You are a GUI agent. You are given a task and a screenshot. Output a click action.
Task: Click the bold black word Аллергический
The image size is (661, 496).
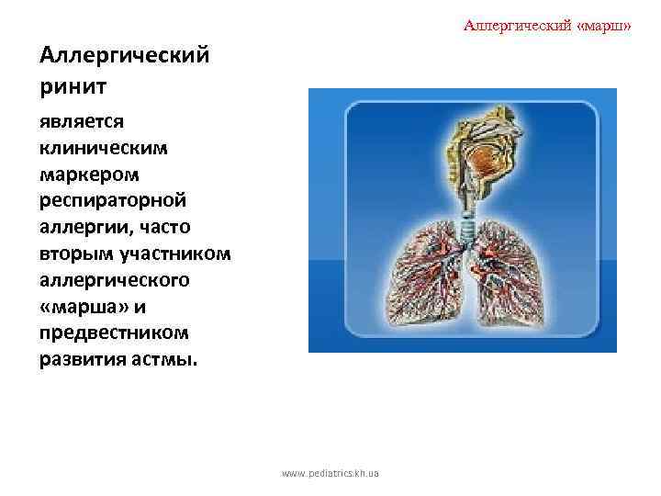125,56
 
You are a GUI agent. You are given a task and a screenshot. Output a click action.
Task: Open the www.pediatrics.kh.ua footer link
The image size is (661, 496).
330,474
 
